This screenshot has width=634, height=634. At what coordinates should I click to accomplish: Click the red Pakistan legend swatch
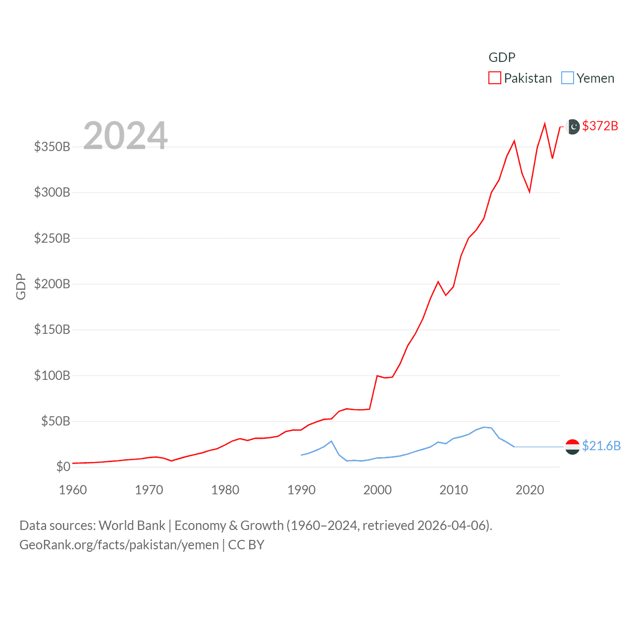point(495,78)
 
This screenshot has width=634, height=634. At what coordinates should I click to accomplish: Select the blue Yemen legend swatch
point(568,78)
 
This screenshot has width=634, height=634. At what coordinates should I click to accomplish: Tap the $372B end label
point(600,126)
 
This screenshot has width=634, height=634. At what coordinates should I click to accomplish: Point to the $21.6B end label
point(601,446)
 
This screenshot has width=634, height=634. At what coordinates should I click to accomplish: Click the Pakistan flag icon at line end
point(573,127)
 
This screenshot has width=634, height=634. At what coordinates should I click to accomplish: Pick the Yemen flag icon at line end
point(573,446)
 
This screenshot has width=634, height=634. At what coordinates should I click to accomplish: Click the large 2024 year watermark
point(125,136)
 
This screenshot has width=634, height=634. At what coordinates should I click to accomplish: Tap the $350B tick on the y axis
point(52,147)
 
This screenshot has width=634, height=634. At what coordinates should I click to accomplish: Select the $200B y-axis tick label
point(52,284)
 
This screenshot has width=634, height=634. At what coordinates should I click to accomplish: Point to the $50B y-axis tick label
point(55,421)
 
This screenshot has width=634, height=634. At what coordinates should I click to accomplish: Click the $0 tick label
point(63,467)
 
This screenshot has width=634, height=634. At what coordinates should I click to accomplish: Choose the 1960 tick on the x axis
point(73,490)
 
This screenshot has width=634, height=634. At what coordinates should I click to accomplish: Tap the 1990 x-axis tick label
point(301,490)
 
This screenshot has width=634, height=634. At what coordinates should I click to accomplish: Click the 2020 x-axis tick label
point(529,490)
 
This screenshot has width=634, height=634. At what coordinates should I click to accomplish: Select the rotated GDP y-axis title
point(21,286)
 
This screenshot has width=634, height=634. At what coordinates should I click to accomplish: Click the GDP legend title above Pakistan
point(502,57)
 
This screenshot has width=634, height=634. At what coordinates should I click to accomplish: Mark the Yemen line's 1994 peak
point(331,441)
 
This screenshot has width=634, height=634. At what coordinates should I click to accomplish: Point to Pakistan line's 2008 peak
point(438,282)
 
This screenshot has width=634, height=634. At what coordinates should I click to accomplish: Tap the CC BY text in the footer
point(246,545)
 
